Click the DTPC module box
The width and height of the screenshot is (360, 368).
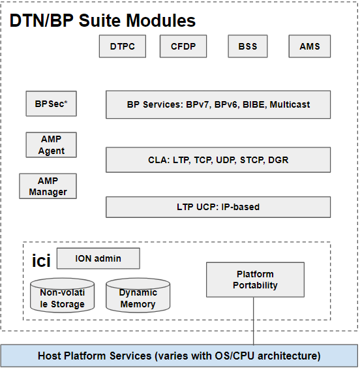pos(123,46)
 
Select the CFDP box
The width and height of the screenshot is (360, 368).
pos(183,46)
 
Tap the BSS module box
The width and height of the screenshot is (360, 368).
pos(248,46)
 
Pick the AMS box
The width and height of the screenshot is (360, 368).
pos(310,46)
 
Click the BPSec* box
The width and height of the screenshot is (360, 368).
pos(51,104)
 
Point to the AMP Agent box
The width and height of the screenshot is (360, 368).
pos(51,145)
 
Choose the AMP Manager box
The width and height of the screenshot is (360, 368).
pos(48,186)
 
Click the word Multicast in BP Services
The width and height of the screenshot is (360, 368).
pos(290,104)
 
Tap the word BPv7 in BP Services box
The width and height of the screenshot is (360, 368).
pos(197,104)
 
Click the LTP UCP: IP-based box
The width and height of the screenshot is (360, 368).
pos(218,207)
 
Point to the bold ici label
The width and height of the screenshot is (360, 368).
pos(41,260)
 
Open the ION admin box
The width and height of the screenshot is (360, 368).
pos(98,258)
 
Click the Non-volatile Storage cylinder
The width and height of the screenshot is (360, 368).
pos(63,295)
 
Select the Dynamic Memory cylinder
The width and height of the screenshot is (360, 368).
pos(138,295)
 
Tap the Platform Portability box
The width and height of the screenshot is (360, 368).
pos(255,280)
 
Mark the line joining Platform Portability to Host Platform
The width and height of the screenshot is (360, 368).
pos(254,321)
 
